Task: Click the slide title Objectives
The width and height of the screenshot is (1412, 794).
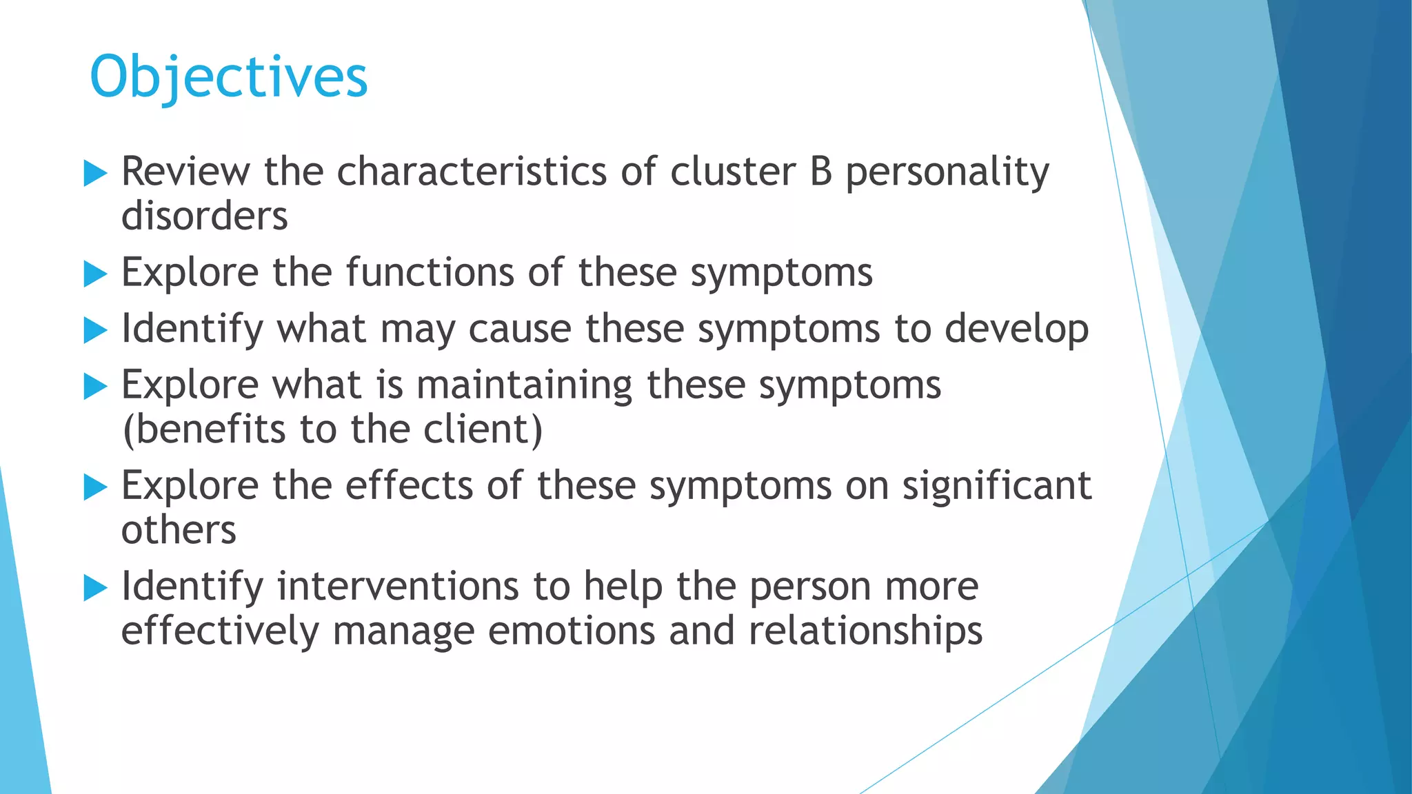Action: (229, 77)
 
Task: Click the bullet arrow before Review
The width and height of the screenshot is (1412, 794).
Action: (95, 173)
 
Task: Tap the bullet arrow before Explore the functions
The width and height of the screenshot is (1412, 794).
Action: (95, 274)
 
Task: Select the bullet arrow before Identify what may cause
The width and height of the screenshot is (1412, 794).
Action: (95, 330)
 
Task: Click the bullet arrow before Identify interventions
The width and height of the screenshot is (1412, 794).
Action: (95, 588)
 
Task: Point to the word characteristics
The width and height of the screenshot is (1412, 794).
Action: (472, 172)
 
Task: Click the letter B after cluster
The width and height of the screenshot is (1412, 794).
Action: (820, 172)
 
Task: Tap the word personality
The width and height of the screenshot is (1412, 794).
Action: (947, 173)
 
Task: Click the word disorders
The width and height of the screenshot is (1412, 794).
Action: (204, 216)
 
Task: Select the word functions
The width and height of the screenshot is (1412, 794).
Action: (430, 272)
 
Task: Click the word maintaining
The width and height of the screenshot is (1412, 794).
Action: (524, 386)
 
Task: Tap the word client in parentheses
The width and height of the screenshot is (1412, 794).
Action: (483, 429)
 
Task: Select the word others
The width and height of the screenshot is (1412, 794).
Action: (179, 531)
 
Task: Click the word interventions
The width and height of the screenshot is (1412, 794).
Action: (398, 587)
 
